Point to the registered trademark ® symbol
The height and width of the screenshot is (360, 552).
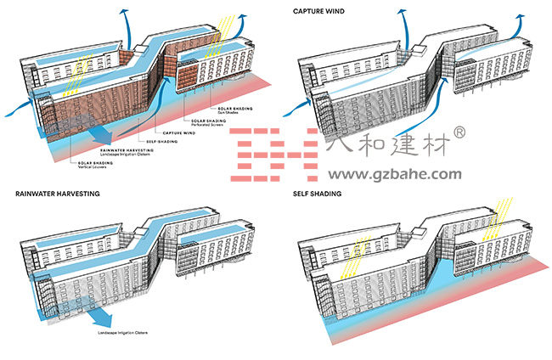click(x=482, y=132)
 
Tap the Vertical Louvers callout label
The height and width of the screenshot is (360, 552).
click(x=95, y=166)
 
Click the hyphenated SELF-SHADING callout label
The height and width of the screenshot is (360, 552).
click(x=161, y=142)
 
